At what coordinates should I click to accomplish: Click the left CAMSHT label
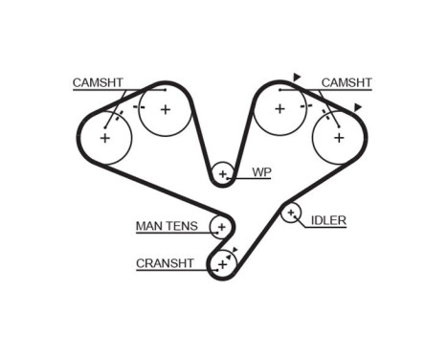pyautogui.click(x=97, y=83)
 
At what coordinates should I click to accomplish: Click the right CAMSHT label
pyautogui.click(x=346, y=83)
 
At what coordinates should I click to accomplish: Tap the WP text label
pyautogui.click(x=261, y=173)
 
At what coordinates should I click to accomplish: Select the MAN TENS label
pyautogui.click(x=167, y=227)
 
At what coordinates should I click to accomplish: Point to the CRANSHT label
pyautogui.click(x=166, y=261)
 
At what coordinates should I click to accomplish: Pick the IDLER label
pyautogui.click(x=328, y=220)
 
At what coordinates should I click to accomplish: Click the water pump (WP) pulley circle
pyautogui.click(x=223, y=173)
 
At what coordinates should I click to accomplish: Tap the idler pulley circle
pyautogui.click(x=291, y=213)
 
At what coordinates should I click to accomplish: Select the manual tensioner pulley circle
pyautogui.click(x=221, y=227)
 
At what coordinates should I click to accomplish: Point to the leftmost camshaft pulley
pyautogui.click(x=103, y=138)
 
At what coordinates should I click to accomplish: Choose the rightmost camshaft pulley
pyautogui.click(x=337, y=137)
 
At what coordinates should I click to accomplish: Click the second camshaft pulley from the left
pyautogui.click(x=165, y=109)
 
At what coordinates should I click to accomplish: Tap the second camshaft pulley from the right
pyautogui.click(x=279, y=109)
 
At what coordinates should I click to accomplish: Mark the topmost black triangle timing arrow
pyautogui.click(x=298, y=77)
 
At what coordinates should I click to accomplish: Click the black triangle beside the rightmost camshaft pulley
pyautogui.click(x=358, y=106)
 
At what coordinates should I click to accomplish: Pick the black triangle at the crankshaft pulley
pyautogui.click(x=235, y=248)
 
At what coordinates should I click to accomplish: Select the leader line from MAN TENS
pyautogui.click(x=205, y=227)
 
